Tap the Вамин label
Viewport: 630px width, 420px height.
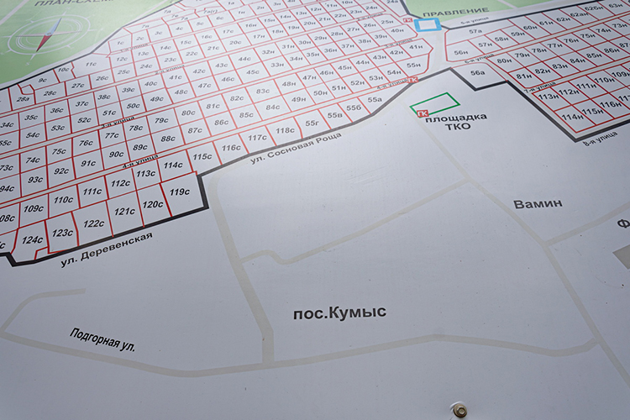coord(538,203)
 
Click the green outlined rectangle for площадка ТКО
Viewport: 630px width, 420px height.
coord(435,104)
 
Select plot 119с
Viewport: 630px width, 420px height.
coord(179,192)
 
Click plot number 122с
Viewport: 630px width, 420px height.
coord(94,223)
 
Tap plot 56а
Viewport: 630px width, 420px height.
coord(477,73)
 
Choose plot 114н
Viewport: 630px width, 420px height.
coord(573,117)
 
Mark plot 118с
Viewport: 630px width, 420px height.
coord(286,130)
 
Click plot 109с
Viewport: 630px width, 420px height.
coord(34,208)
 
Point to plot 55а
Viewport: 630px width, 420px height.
coord(374,99)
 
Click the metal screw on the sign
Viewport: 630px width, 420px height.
coord(459,410)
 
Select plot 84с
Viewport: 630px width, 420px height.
coord(273,108)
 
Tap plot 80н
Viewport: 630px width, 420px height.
coord(503,60)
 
